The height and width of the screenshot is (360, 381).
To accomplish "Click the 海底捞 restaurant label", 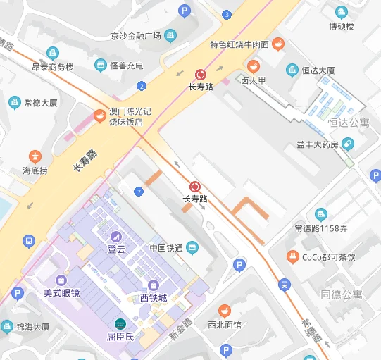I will click(x=35, y=170).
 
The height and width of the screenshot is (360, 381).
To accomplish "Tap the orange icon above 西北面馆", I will click(x=224, y=310).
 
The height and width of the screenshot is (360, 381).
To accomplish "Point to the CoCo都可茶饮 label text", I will click(x=329, y=258).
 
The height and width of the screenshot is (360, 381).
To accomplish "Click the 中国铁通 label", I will click(x=166, y=248).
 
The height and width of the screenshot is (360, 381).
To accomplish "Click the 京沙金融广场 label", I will click(x=136, y=36).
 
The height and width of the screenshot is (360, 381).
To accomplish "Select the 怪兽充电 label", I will click(x=127, y=66).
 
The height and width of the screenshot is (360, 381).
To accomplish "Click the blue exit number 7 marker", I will click(x=139, y=192).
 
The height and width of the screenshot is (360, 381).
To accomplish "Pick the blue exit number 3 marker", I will click(x=226, y=15).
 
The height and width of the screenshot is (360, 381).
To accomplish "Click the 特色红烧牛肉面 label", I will click(x=239, y=45).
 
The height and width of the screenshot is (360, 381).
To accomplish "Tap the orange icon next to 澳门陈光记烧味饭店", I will click(x=100, y=116).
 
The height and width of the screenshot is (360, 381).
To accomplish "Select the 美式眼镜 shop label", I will click(x=61, y=292).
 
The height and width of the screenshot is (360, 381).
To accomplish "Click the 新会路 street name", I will click(x=180, y=330).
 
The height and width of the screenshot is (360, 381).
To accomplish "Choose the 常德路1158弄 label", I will click(x=321, y=228).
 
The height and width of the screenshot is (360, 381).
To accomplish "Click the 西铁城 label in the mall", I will click(x=153, y=298).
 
